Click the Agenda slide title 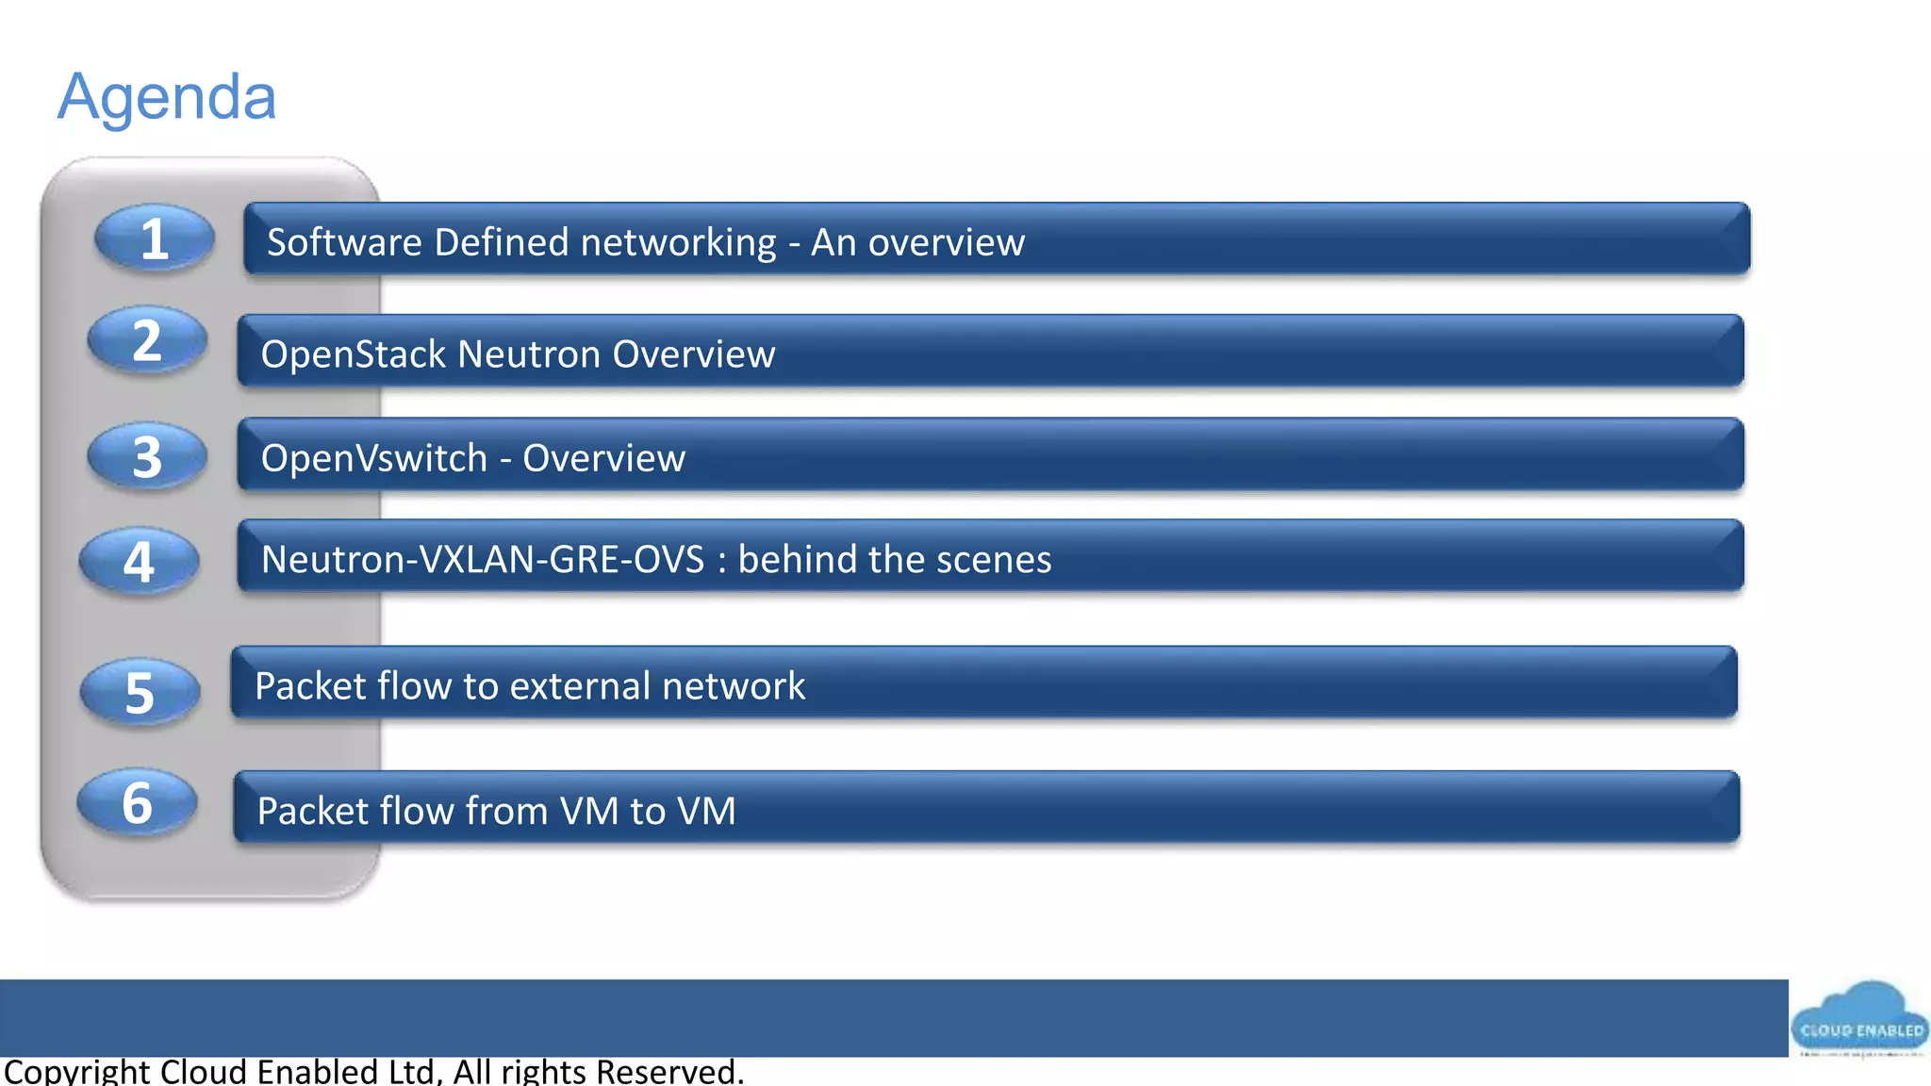pyautogui.click(x=167, y=97)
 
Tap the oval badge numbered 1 pyautogui.click(x=154, y=239)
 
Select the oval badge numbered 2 pyautogui.click(x=147, y=340)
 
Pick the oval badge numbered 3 pyautogui.click(x=147, y=456)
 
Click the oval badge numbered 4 pyautogui.click(x=139, y=562)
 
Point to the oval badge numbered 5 pyautogui.click(x=140, y=693)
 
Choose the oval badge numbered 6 pyautogui.click(x=137, y=803)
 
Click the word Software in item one pyautogui.click(x=344, y=242)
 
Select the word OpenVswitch pyautogui.click(x=373, y=458)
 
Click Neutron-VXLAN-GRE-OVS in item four pyautogui.click(x=483, y=560)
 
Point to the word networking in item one pyautogui.click(x=678, y=243)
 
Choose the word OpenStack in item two pyautogui.click(x=353, y=354)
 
